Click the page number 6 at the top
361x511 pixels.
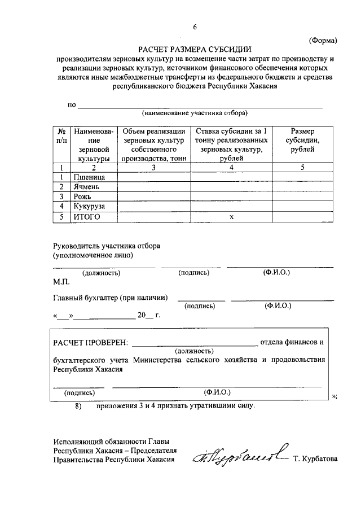(195, 27)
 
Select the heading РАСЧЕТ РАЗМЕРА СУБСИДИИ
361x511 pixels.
(195, 49)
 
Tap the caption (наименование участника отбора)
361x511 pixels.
(195, 112)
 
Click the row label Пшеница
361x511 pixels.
(89, 177)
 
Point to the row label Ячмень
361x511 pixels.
(86, 187)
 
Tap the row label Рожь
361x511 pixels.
(82, 196)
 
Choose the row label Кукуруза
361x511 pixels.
(89, 207)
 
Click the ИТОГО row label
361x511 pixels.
(86, 217)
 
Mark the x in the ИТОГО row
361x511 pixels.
(231, 217)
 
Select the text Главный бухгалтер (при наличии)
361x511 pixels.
(111, 297)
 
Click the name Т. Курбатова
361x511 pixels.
(315, 459)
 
